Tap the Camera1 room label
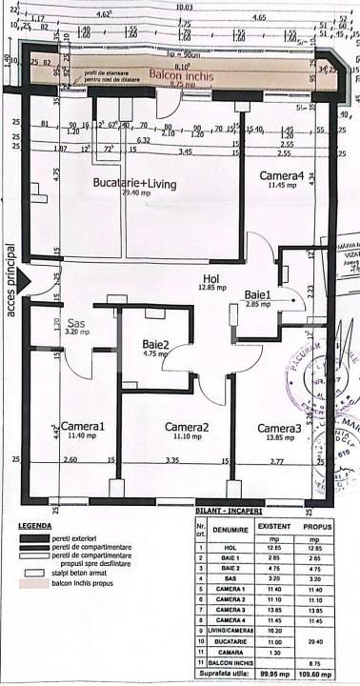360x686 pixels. pyautogui.click(x=83, y=427)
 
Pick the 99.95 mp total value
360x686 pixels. pyautogui.click(x=276, y=671)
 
